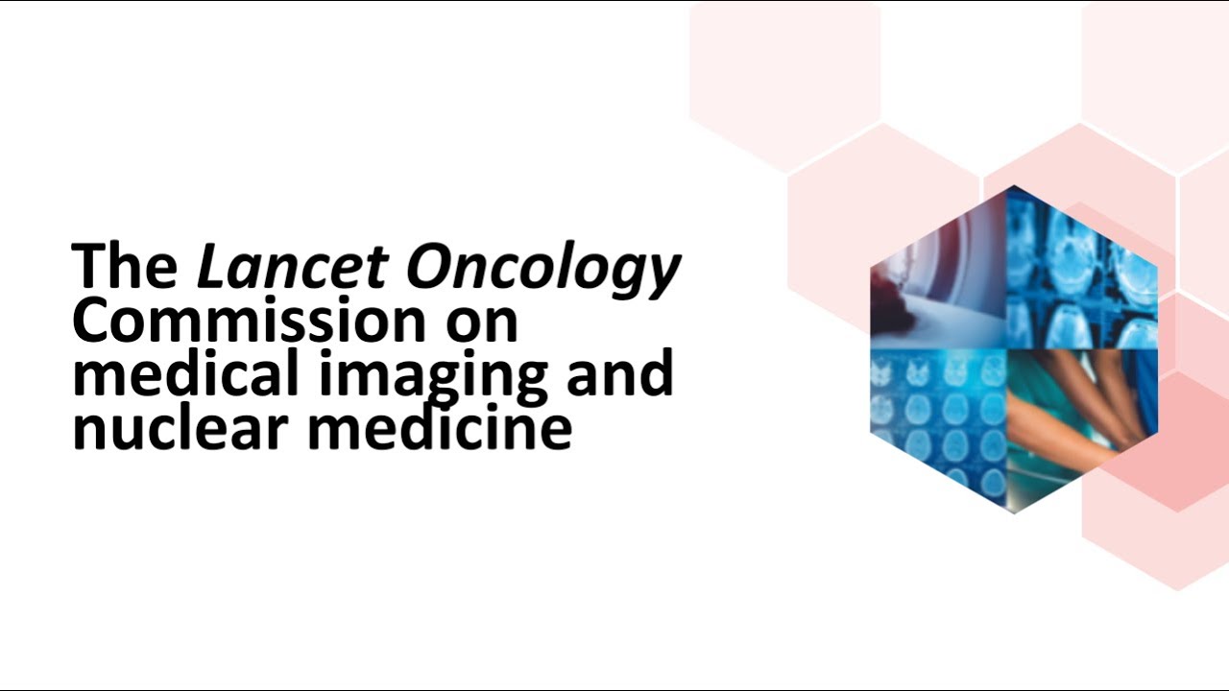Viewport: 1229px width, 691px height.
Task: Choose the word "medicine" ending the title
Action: click(x=440, y=428)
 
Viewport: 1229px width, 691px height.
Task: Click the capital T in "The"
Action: click(x=91, y=266)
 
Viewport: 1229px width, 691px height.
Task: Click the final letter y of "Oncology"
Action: click(x=663, y=273)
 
